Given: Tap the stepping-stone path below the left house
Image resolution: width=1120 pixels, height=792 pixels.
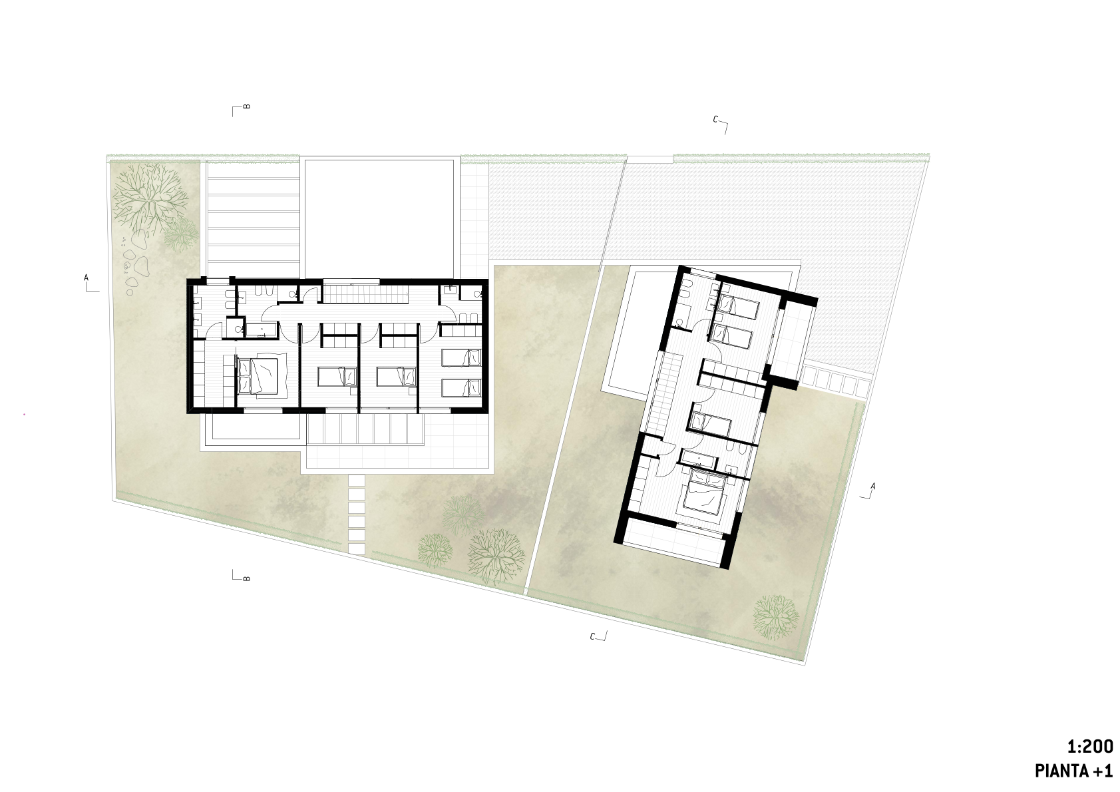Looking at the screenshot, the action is (x=357, y=514).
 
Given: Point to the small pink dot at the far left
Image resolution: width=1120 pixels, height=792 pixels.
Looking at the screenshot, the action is (x=25, y=414).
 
